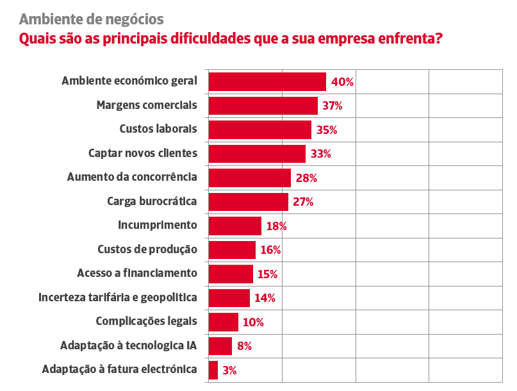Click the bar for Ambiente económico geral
tap(267, 82)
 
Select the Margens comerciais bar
tap(263, 106)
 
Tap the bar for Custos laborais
tap(260, 130)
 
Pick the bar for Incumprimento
tap(235, 226)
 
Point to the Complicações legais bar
tap(224, 322)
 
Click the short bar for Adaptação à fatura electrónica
tap(213, 370)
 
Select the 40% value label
tap(343, 82)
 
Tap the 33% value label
tap(320, 154)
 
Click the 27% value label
tap(303, 202)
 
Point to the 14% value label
tap(265, 298)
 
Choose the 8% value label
tap(244, 346)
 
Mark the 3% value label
tap(229, 370)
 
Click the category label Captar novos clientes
tap(142, 153)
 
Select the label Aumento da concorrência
tap(132, 177)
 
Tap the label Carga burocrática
tap(152, 201)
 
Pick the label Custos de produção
tap(147, 249)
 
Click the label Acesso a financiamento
tap(137, 273)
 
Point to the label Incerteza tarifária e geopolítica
tap(117, 297)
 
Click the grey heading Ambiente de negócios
tap(92, 19)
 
